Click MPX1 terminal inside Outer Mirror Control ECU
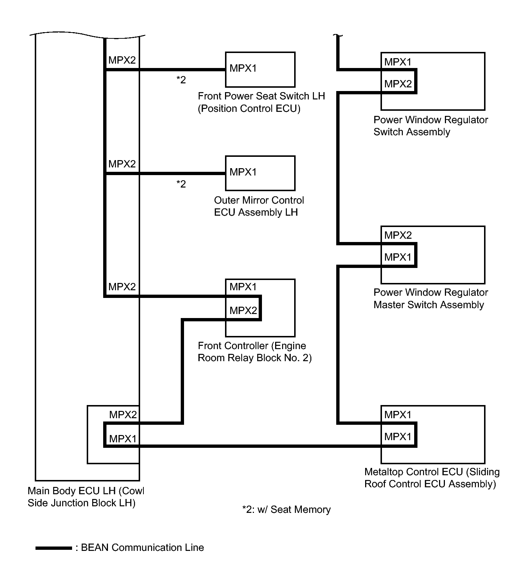(243, 172)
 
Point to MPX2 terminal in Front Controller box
(243, 311)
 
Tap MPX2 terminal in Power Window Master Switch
(398, 235)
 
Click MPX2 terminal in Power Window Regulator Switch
(398, 84)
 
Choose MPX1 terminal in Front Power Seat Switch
(243, 68)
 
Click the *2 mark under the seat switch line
(181, 80)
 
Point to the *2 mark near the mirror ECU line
(181, 184)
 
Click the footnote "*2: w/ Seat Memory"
(286, 510)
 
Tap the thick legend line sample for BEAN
(53, 548)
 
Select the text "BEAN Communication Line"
(142, 548)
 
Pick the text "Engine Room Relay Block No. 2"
(255, 358)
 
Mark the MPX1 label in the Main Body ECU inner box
(123, 439)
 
